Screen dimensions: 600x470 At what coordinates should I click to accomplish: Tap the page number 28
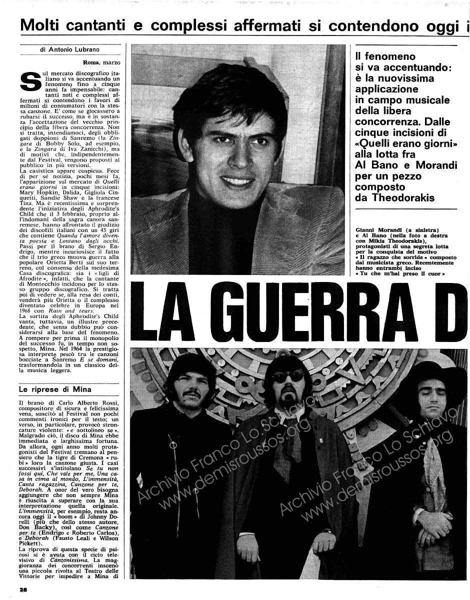(23, 589)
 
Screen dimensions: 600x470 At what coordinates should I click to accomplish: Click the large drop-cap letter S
(31, 82)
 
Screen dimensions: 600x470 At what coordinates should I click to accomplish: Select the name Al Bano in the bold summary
(376, 165)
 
